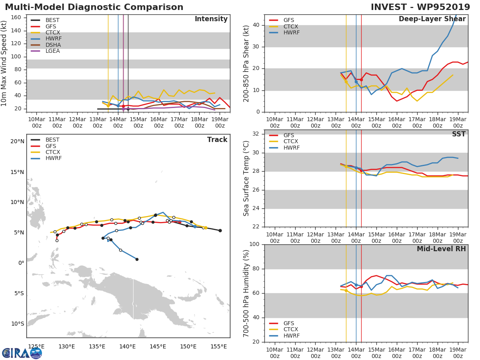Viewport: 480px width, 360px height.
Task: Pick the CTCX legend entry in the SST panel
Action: click(x=290, y=142)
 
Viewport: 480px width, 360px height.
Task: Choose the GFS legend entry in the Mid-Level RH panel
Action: click(x=289, y=323)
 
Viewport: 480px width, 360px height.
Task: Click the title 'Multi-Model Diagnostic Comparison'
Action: click(x=94, y=7)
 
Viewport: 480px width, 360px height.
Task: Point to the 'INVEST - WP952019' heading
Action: click(x=420, y=7)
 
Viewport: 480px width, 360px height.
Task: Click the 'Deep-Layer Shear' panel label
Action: click(x=432, y=19)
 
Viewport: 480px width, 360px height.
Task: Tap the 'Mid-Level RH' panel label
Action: click(x=441, y=249)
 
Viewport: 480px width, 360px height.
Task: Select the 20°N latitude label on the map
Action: click(x=17, y=141)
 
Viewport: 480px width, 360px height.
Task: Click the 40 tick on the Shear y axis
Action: click(x=256, y=25)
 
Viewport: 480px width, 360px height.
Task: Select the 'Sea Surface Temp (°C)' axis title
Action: click(x=246, y=178)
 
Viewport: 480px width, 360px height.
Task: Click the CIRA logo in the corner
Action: click(x=22, y=353)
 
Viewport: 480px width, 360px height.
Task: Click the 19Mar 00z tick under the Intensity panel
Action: click(x=220, y=122)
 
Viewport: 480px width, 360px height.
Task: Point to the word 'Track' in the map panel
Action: click(x=217, y=140)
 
